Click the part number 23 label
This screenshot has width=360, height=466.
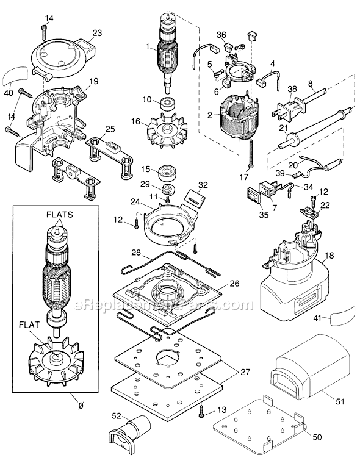pos(97,33)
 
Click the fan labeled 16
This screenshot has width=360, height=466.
pos(167,129)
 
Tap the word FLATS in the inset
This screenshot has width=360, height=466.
pos(59,215)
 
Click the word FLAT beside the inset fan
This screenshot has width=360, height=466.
pos(29,325)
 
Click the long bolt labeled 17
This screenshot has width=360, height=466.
pos(251,153)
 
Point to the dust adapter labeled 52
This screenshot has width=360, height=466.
pos(131,434)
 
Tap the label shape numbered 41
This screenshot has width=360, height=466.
pos(342,315)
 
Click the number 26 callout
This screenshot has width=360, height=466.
pos(234,283)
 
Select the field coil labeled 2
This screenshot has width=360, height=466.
pos(238,120)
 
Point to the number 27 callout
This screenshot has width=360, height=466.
pos(245,372)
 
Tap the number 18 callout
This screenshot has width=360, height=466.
pos(329,256)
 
